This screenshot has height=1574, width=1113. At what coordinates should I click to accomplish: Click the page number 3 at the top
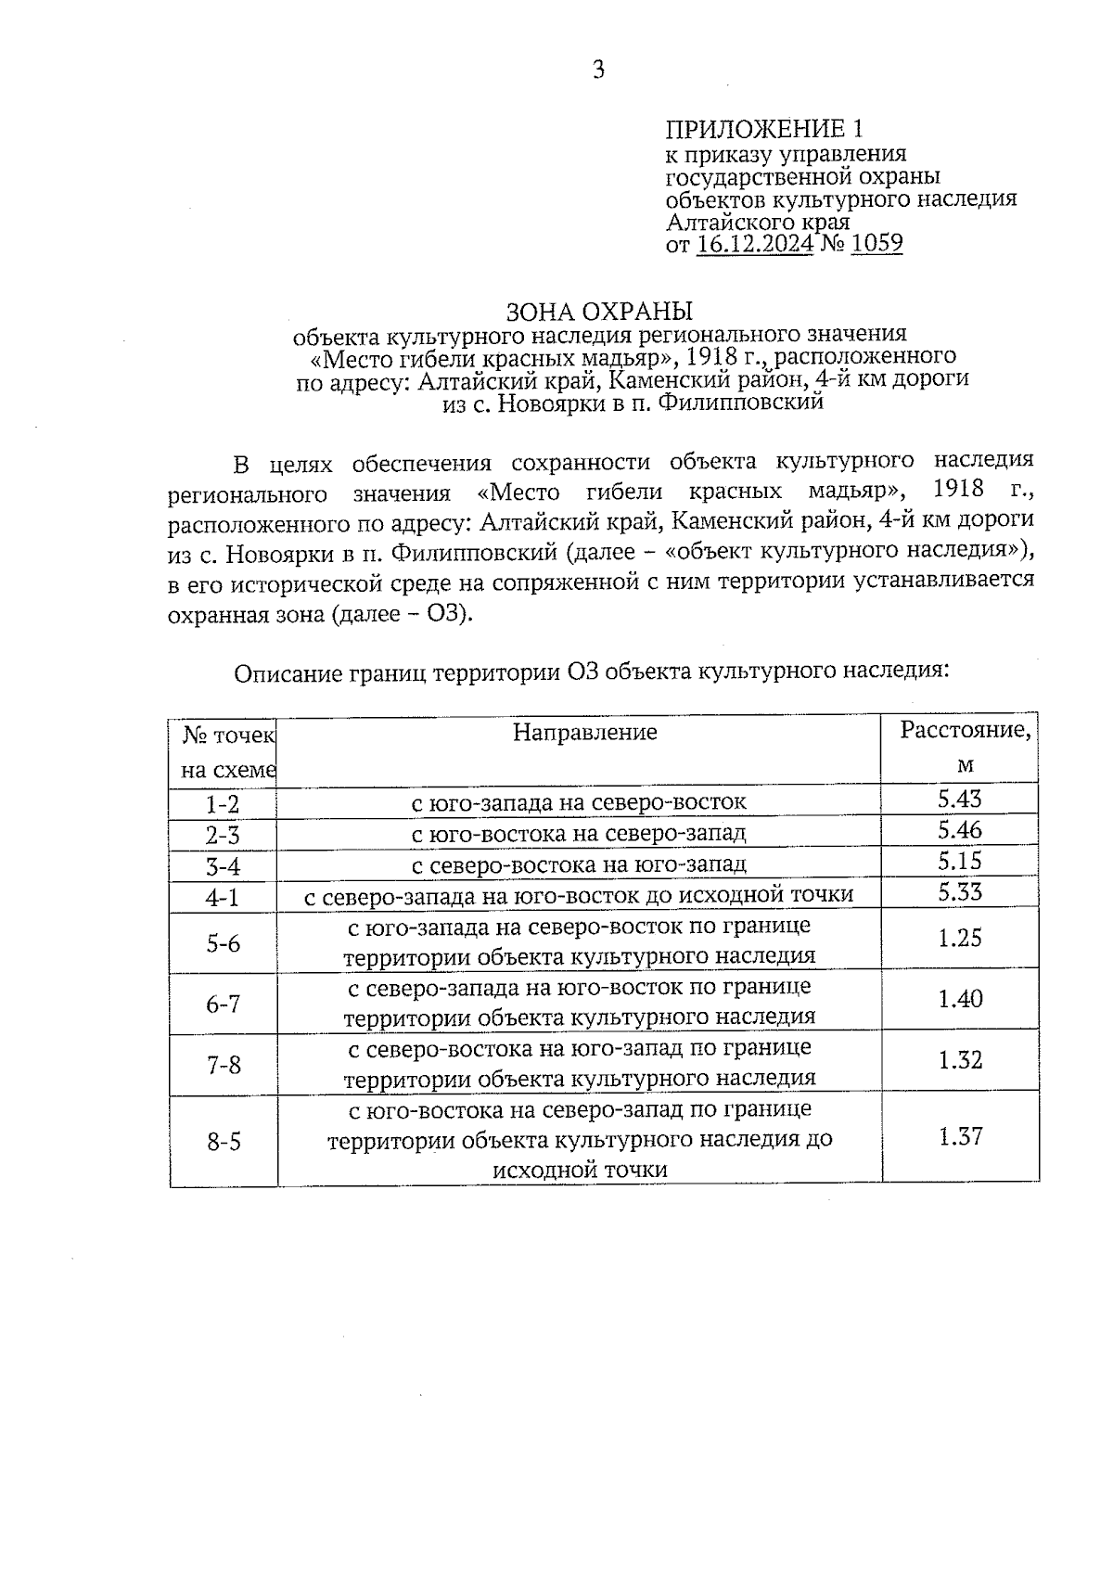[x=598, y=70]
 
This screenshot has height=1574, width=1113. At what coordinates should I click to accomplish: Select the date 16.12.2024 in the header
[x=755, y=244]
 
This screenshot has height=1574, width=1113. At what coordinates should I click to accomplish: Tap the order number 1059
[x=876, y=243]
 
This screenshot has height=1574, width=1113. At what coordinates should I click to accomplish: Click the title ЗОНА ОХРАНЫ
[x=599, y=310]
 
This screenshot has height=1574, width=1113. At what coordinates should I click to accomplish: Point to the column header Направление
[x=585, y=733]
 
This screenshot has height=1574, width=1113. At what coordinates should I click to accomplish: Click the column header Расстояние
[x=965, y=730]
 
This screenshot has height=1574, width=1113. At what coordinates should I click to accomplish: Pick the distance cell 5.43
[x=960, y=799]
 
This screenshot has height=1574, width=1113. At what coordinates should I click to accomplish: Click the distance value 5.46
[x=960, y=829]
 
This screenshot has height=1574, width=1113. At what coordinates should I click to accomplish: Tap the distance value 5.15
[x=960, y=860]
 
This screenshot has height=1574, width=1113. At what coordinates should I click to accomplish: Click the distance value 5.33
[x=960, y=891]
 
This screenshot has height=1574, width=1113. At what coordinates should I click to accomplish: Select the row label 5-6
[x=223, y=943]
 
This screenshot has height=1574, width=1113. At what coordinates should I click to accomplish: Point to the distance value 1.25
[x=960, y=938]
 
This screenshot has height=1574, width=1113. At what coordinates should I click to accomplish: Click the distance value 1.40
[x=960, y=999]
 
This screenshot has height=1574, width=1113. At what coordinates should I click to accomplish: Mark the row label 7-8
[x=223, y=1065]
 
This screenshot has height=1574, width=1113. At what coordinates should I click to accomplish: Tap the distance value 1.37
[x=960, y=1136]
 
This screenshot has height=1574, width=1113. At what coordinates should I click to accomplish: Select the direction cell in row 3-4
[x=579, y=864]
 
